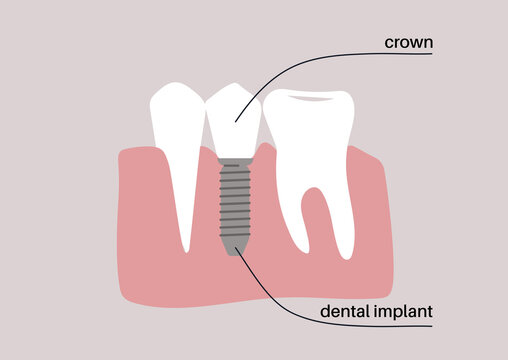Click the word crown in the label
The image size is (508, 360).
(409, 42)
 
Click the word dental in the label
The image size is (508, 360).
(343, 312)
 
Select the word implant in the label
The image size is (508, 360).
(406, 312)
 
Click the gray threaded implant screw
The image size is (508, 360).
(235, 205)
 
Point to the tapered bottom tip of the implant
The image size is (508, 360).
(235, 249)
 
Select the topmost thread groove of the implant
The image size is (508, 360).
(235, 170)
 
